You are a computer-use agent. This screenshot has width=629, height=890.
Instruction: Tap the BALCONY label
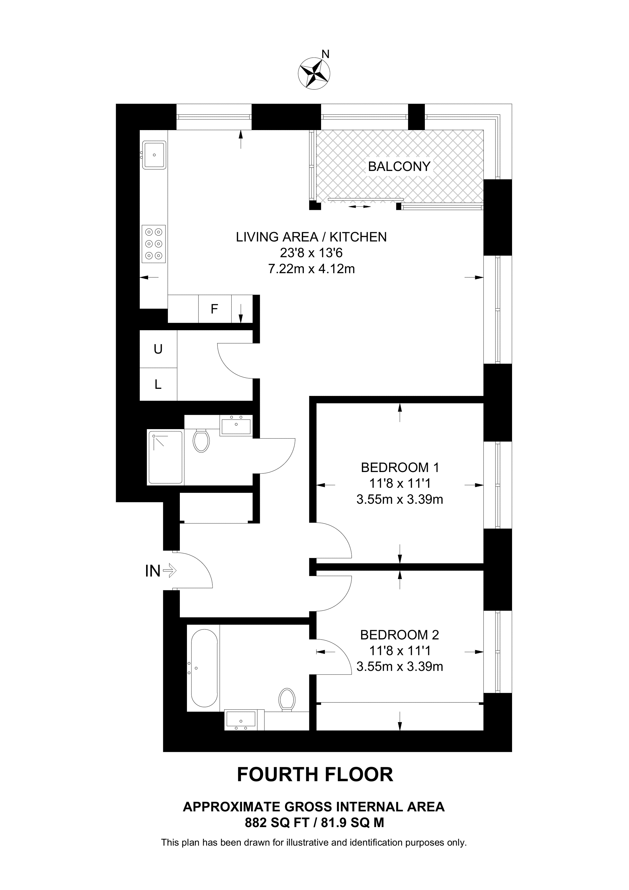coord(399,166)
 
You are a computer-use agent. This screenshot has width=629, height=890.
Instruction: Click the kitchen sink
coord(154,155)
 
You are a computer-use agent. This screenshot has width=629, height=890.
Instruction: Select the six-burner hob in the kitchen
coord(154,244)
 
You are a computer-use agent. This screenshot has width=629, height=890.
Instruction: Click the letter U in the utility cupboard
coord(158,349)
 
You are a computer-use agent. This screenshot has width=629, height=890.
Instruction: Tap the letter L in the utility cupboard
coord(158,385)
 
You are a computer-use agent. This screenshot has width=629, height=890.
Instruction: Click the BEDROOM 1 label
coord(400,467)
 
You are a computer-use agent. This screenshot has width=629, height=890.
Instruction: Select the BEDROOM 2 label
coord(400,635)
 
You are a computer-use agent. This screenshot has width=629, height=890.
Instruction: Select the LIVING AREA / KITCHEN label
coord(311,237)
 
